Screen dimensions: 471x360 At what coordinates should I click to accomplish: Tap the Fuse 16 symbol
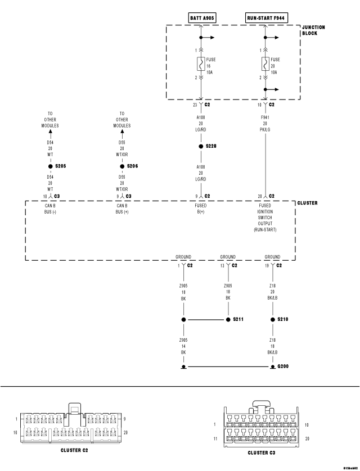click(200, 65)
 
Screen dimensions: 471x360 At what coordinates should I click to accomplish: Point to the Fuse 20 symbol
click(265, 65)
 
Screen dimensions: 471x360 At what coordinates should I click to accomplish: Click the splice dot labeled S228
click(200, 146)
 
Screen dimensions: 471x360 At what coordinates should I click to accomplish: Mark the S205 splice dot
click(50, 166)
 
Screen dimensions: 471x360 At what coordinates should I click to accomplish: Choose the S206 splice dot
click(121, 166)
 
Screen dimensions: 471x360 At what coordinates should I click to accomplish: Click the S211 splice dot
click(228, 319)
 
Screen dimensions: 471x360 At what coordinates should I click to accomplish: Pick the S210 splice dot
click(272, 319)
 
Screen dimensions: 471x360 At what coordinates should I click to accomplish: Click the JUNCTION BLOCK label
click(313, 30)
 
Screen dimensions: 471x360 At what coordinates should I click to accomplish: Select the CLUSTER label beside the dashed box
click(307, 203)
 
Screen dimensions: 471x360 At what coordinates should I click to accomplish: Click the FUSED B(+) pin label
click(200, 208)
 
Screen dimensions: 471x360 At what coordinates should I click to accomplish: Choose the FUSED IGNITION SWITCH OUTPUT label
click(265, 218)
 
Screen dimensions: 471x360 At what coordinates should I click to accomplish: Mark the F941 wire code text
click(265, 118)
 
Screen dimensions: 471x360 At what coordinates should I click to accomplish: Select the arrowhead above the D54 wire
click(50, 135)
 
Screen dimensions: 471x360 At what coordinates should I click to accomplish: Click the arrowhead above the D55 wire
click(121, 135)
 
